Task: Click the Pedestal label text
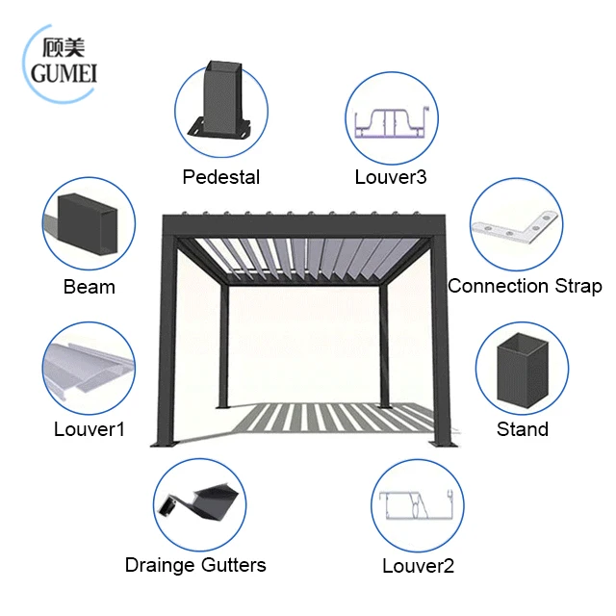(221, 177)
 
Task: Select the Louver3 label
(391, 177)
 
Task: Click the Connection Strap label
(525, 286)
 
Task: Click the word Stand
(523, 429)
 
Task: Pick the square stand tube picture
(522, 370)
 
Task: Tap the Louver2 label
(418, 566)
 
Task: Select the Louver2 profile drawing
(418, 507)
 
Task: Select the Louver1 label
(90, 429)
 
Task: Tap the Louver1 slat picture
(89, 372)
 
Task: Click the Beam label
(90, 287)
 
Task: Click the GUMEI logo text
(64, 74)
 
